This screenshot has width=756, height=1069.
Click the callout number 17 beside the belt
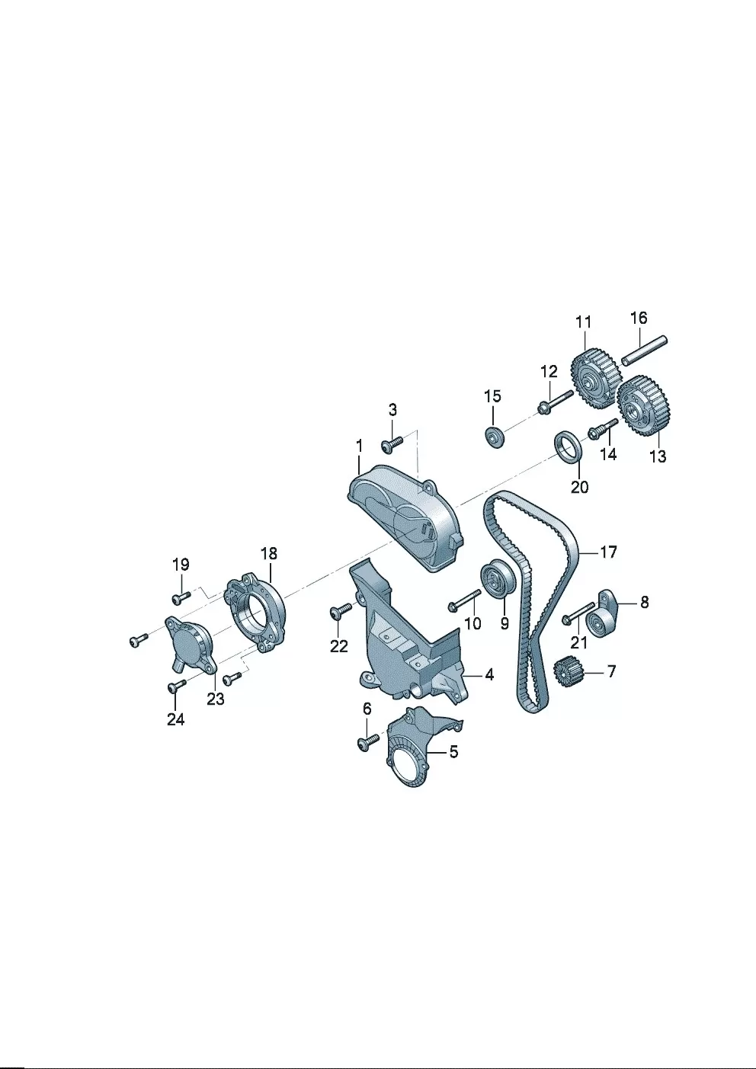pyautogui.click(x=608, y=552)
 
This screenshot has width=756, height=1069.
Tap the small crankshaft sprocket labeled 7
pyautogui.click(x=569, y=673)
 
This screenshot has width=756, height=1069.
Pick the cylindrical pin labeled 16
pyautogui.click(x=644, y=351)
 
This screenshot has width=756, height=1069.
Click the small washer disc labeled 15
pyautogui.click(x=494, y=437)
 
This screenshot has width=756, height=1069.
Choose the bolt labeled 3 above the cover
pyautogui.click(x=392, y=443)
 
